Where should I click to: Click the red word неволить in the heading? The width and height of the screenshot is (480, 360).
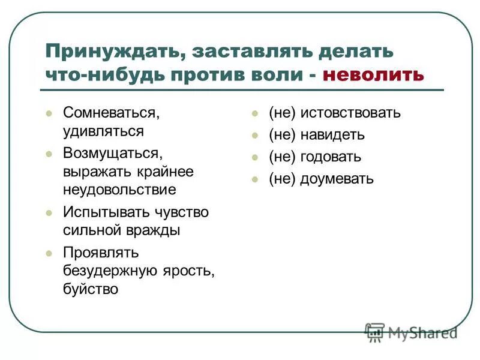(373, 75)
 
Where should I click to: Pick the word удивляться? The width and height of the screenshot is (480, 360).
(103, 130)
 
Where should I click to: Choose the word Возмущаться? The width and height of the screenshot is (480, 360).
(113, 153)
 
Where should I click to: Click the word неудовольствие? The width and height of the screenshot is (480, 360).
(119, 190)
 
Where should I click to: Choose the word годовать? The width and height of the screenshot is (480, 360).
(331, 157)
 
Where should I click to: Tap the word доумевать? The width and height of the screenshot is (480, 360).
(337, 179)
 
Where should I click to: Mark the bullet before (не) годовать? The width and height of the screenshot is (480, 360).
(255, 158)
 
